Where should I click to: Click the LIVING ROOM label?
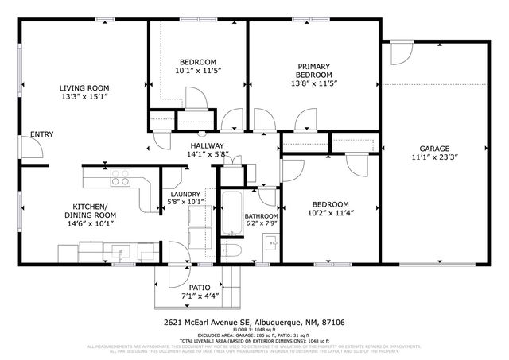tap(83, 88)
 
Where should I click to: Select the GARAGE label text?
tap(435, 149)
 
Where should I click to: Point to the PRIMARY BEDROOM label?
tap(314, 71)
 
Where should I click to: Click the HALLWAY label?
tap(207, 145)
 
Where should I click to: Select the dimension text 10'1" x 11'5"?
tap(198, 71)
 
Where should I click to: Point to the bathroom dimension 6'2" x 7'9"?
tap(260, 224)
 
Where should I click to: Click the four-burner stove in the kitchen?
tap(121, 180)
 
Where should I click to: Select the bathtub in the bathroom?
tap(231, 213)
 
